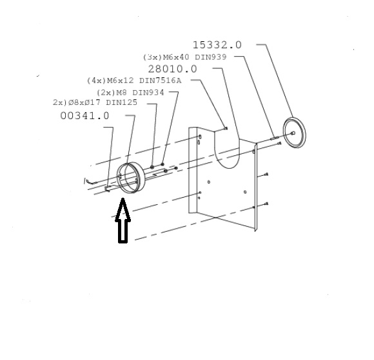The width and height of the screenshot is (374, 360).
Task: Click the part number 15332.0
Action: coord(217,45)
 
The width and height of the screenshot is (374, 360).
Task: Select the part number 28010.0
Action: coord(172,69)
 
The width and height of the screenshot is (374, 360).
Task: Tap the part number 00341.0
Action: coord(84,116)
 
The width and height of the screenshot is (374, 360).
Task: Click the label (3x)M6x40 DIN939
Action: coord(184,57)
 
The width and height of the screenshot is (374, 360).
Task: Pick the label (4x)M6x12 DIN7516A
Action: coord(134,81)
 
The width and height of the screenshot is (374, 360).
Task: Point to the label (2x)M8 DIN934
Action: coord(130,93)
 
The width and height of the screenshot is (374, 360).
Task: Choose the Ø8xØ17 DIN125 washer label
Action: coord(95,102)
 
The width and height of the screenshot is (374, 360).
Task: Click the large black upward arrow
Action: coord(123,220)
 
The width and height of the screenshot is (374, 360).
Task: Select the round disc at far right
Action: coord(294,133)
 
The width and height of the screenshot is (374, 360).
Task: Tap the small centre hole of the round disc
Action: coord(293,133)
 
